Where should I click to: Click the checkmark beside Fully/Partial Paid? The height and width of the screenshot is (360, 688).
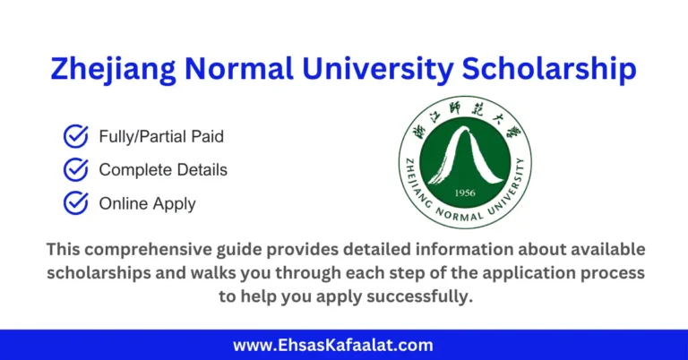click(x=75, y=136)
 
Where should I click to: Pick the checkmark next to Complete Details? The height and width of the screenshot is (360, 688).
click(x=75, y=169)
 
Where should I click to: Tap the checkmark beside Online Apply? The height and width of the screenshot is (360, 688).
click(x=75, y=202)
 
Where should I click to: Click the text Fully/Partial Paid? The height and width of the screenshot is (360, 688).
click(x=161, y=137)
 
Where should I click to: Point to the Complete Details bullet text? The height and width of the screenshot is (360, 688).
click(x=163, y=169)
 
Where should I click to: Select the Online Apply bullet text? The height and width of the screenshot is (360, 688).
click(x=147, y=203)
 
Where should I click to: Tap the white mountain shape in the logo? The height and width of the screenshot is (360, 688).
click(x=465, y=157)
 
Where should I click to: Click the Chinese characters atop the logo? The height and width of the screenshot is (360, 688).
click(x=465, y=122)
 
